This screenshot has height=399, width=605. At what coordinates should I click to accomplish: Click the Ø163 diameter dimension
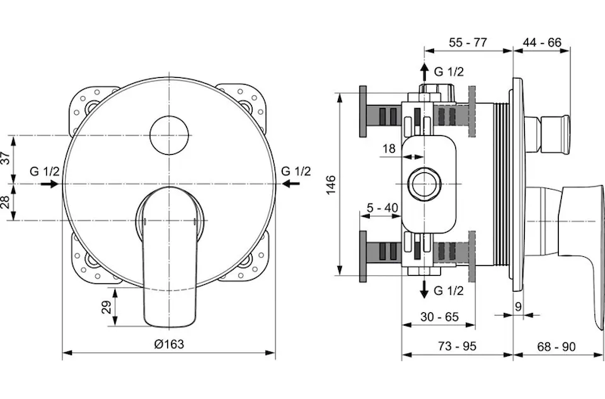coord(169,344)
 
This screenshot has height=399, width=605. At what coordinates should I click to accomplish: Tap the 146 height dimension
coord(331,184)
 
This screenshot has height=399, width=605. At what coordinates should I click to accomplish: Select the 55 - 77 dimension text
coord(468,42)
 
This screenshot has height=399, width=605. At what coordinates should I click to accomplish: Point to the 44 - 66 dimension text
coord(542,42)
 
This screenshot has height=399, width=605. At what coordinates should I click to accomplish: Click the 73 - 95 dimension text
coord(458,346)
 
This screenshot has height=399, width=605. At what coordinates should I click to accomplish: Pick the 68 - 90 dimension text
coord(556,347)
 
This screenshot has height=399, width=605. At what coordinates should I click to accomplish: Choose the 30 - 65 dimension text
coord(439,317)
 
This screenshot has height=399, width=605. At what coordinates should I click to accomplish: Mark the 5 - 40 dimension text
coord(382,208)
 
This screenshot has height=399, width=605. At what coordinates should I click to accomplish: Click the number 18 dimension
coord(389,148)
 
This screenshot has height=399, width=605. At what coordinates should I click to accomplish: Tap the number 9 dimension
coord(518,307)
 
